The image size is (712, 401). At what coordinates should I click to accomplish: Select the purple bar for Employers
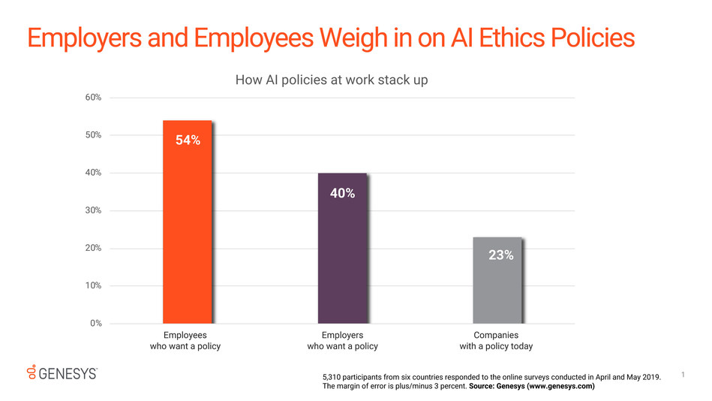click(342, 263)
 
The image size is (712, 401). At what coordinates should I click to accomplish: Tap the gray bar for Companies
click(497, 293)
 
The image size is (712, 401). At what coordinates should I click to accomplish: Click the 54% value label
click(188, 140)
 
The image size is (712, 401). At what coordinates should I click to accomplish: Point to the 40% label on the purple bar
click(342, 193)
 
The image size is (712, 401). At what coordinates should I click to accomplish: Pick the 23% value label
click(500, 255)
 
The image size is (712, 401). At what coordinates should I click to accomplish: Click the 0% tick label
click(95, 324)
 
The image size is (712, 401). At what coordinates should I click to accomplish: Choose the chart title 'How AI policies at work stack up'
click(332, 80)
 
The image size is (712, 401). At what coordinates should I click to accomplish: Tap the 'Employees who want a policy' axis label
click(185, 340)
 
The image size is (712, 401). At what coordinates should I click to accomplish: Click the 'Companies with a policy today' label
click(496, 340)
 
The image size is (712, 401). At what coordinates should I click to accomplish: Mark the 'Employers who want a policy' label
click(342, 340)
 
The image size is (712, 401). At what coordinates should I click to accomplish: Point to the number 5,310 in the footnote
click(333, 376)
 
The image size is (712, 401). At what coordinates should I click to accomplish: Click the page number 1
click(685, 373)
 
